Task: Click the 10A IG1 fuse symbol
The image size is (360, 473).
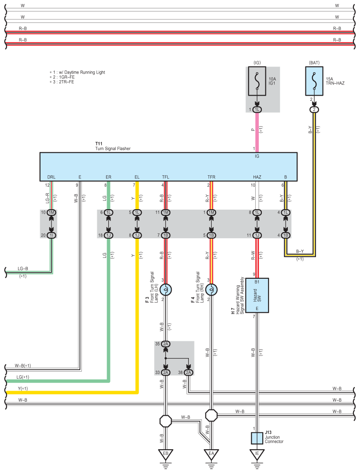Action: tap(257, 81)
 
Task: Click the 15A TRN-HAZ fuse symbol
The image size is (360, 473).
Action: tap(314, 81)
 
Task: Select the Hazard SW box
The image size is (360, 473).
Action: tap(257, 296)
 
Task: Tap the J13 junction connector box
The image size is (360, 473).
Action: tap(257, 438)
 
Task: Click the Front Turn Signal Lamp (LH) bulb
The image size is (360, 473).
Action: tap(165, 290)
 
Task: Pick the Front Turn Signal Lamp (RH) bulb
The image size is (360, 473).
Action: tap(211, 290)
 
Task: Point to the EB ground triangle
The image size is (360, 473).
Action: tap(165, 455)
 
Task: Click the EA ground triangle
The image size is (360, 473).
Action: tap(211, 455)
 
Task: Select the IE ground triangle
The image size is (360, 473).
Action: tap(257, 455)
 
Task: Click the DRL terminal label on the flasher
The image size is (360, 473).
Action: tap(51, 177)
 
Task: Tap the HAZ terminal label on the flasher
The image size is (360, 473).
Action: tap(257, 177)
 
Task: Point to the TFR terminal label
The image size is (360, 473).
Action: tap(211, 177)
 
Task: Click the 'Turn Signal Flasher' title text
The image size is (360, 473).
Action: tap(113, 148)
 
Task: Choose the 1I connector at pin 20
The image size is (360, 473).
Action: tap(51, 235)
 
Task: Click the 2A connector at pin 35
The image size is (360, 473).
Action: tap(165, 344)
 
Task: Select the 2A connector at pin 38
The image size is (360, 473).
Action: tap(188, 373)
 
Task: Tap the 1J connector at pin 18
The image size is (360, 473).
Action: tap(109, 235)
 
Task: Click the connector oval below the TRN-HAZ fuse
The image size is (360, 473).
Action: tap(314, 110)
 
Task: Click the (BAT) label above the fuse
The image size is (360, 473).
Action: tap(314, 63)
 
